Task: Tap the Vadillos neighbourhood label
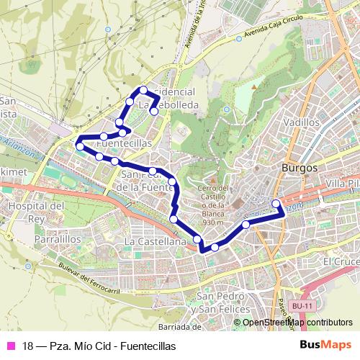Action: click(302, 122)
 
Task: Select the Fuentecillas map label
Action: click(123, 143)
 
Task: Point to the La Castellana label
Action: click(156, 241)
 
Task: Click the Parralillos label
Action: click(35, 238)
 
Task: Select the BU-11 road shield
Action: click(302, 306)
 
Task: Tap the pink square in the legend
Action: click(11, 346)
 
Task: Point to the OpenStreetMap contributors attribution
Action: click(297, 323)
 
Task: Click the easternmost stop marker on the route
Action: click(276, 204)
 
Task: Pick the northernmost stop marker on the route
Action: click(143, 90)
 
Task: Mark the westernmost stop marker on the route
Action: click(78, 147)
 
